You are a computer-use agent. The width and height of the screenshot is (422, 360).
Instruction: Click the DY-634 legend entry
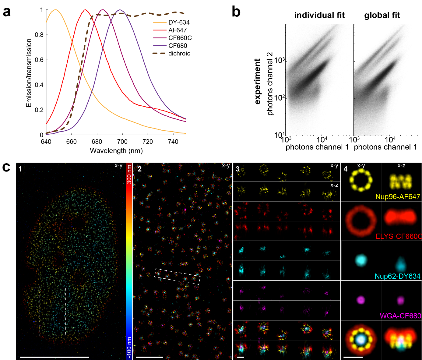point(179,23)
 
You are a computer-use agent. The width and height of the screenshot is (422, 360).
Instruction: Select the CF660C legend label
point(180,38)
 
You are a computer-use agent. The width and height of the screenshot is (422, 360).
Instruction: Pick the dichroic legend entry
point(179,54)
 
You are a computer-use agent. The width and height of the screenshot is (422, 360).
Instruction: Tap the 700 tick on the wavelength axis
point(122,142)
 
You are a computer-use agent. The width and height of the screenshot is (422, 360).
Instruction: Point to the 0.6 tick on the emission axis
point(39,60)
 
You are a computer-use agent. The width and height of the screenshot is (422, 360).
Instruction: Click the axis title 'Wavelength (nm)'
point(116,151)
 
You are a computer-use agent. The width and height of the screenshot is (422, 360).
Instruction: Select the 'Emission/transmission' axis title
point(29,73)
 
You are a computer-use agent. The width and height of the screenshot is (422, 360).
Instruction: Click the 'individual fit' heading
point(319,16)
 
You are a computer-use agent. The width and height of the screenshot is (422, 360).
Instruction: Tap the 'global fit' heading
point(382,16)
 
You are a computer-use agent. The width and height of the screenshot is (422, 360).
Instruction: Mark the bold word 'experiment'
point(258,82)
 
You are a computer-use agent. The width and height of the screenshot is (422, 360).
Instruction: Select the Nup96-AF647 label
point(398,197)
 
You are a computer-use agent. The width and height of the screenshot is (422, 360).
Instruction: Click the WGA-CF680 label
point(400,316)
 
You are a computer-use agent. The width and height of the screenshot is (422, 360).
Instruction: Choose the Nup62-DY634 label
point(397,276)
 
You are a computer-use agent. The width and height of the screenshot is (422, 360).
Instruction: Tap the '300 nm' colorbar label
point(129,174)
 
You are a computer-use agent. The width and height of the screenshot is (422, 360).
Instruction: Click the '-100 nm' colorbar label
point(129,348)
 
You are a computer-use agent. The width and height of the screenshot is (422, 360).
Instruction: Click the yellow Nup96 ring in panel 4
point(361,181)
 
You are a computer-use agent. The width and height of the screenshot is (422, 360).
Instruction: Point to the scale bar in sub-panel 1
point(54,357)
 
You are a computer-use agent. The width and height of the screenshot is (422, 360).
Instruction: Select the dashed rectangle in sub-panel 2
point(178,277)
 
